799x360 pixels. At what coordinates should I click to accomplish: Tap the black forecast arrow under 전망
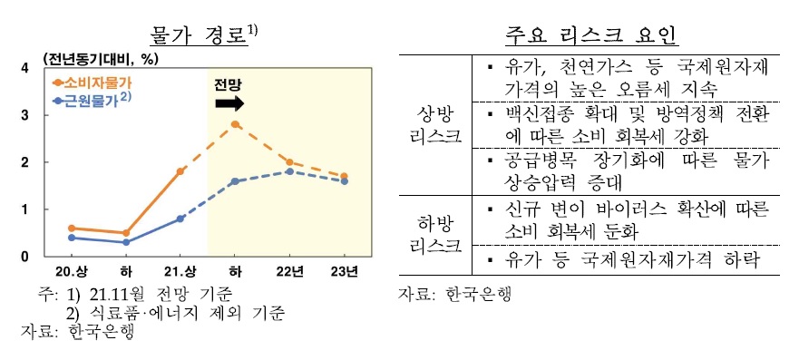point(229,103)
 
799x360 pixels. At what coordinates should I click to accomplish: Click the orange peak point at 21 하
point(235,123)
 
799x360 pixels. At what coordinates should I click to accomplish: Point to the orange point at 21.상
point(180,170)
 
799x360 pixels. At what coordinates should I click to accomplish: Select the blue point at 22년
point(288,170)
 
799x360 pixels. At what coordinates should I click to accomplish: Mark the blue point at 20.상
point(72,238)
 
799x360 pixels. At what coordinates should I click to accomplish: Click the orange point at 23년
point(344,176)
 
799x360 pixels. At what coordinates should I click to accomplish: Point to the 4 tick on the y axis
point(24,68)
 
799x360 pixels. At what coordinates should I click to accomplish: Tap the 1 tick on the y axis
point(24,209)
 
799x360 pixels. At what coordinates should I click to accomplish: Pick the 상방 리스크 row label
point(434,124)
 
